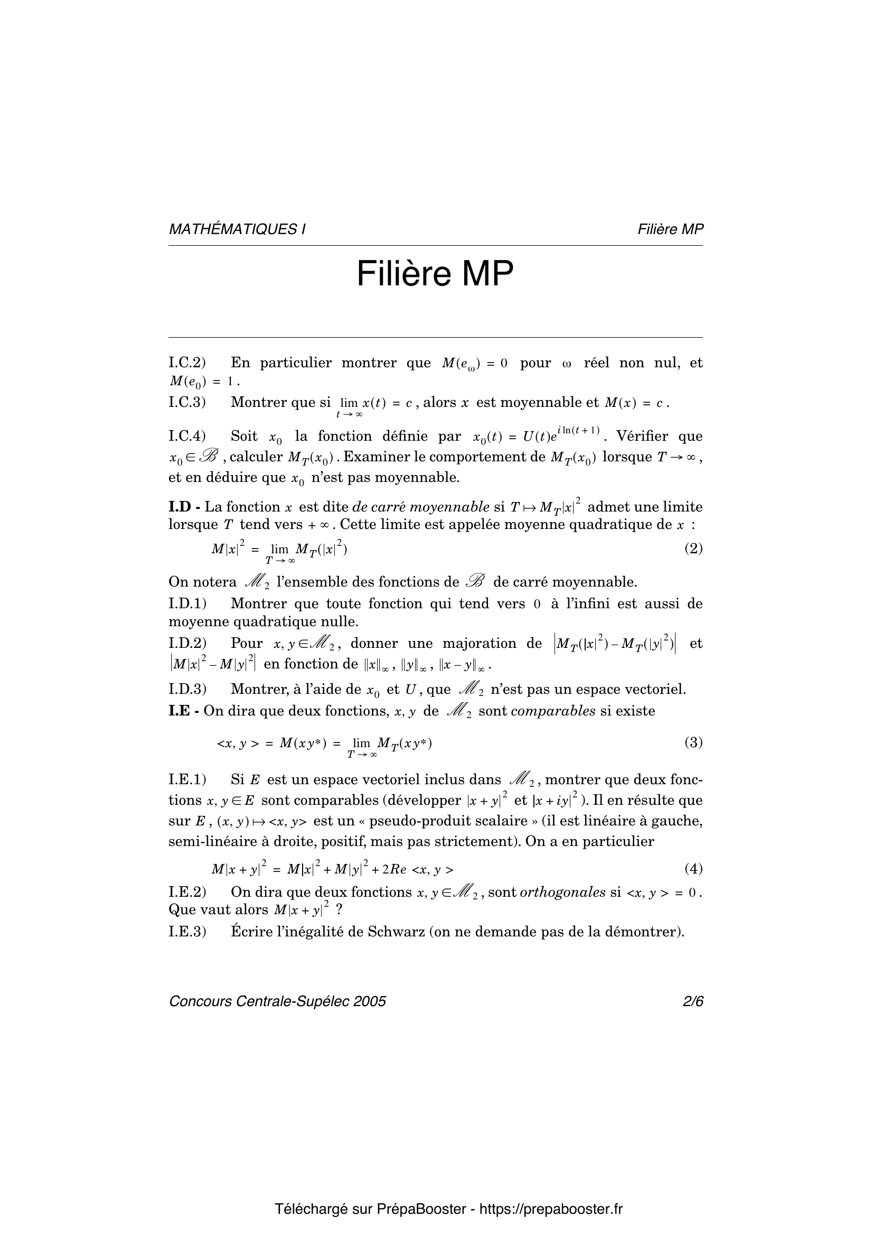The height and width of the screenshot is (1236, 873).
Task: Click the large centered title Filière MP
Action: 435,274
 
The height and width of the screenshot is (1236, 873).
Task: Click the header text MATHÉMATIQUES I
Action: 237,229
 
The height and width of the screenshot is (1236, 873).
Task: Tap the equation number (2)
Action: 693,549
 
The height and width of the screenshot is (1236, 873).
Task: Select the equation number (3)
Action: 693,742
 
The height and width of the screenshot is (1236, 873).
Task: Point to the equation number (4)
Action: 693,868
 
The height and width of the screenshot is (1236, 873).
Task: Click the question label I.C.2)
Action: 187,363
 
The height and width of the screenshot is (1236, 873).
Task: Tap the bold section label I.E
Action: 180,711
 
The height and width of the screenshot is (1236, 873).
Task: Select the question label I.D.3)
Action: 187,689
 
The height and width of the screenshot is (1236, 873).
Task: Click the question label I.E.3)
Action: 187,931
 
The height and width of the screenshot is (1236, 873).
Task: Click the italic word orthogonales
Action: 570,892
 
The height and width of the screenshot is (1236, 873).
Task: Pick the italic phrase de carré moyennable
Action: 420,507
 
